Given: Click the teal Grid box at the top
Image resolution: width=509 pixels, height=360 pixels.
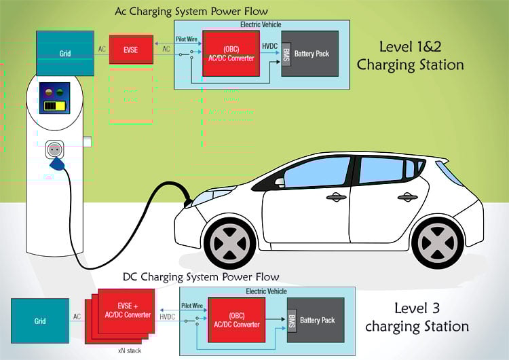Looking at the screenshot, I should click(x=65, y=53).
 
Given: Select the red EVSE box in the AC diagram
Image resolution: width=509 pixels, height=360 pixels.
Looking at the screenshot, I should click(x=132, y=50).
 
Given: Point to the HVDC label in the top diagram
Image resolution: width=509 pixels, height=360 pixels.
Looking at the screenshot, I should click(x=269, y=44).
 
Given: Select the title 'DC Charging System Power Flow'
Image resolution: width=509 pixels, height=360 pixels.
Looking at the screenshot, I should click(x=201, y=277).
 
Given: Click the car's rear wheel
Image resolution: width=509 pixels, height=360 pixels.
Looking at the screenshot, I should click(x=437, y=242).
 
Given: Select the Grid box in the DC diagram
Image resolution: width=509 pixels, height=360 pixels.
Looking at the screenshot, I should click(x=40, y=320).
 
